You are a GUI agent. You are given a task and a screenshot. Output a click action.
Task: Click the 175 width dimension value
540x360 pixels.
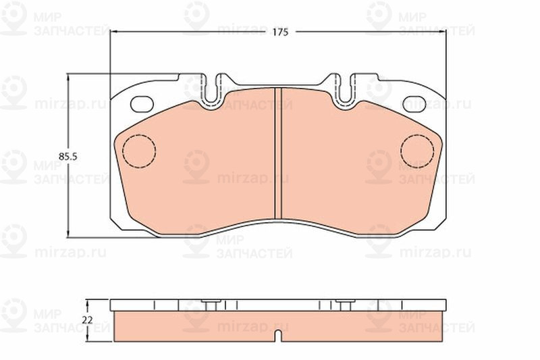click(280, 32)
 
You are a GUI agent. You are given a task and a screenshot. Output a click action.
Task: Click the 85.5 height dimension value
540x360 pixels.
click(68, 157)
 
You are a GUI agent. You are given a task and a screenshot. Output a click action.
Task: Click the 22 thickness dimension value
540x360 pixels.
click(88, 320)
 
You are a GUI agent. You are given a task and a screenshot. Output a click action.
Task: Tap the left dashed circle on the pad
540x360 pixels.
click(139, 151)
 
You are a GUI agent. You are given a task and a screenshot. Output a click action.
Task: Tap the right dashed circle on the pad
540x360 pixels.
click(417, 151)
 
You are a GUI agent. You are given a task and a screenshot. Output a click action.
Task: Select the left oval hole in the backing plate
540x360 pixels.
click(142, 104)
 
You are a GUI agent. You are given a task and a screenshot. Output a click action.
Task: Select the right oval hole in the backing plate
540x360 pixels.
click(414, 104)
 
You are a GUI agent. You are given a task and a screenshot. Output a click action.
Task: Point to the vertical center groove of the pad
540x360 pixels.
click(278, 153)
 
